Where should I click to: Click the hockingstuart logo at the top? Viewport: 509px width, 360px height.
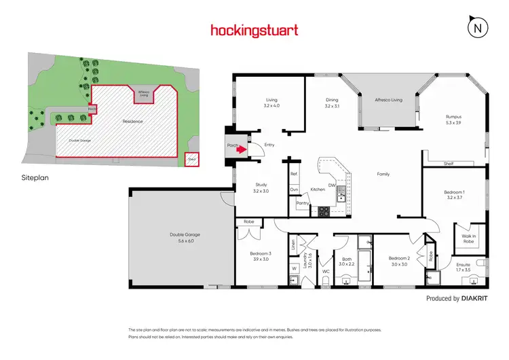click(254, 30)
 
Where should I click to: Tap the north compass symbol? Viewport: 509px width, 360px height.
click(478, 27)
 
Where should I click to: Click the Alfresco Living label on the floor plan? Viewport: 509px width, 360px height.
click(388, 100)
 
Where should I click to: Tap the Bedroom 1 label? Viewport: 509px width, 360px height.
click(453, 192)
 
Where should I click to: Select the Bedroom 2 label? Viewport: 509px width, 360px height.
click(399, 258)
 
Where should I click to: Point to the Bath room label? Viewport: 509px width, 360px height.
click(346, 258)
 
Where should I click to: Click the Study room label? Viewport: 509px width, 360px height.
click(261, 185)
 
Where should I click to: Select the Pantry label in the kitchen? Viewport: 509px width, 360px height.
click(303, 202)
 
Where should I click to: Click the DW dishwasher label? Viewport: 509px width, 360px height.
click(333, 184)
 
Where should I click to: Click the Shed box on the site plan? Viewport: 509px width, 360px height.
click(191, 160)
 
